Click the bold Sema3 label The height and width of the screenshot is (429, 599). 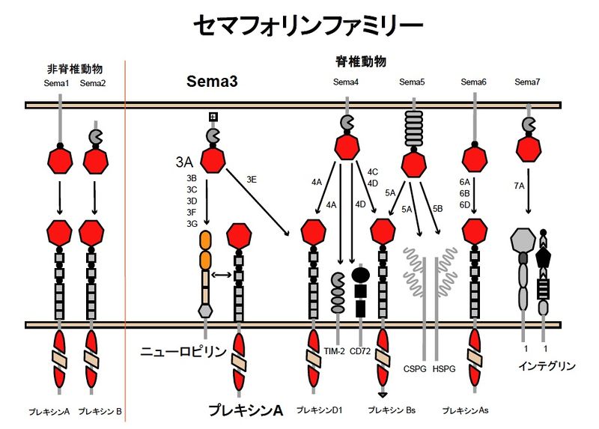(x=212, y=82)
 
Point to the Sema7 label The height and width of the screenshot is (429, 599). (x=529, y=82)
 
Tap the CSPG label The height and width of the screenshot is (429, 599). (x=414, y=368)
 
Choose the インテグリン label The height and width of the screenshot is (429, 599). (x=547, y=366)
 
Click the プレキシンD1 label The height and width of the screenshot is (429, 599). (x=320, y=410)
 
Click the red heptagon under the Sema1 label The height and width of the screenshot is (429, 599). (x=60, y=159)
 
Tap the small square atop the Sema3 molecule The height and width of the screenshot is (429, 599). (x=213, y=116)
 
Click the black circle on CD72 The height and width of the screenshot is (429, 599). (x=359, y=275)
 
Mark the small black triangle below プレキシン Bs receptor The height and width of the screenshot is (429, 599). (x=383, y=394)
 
